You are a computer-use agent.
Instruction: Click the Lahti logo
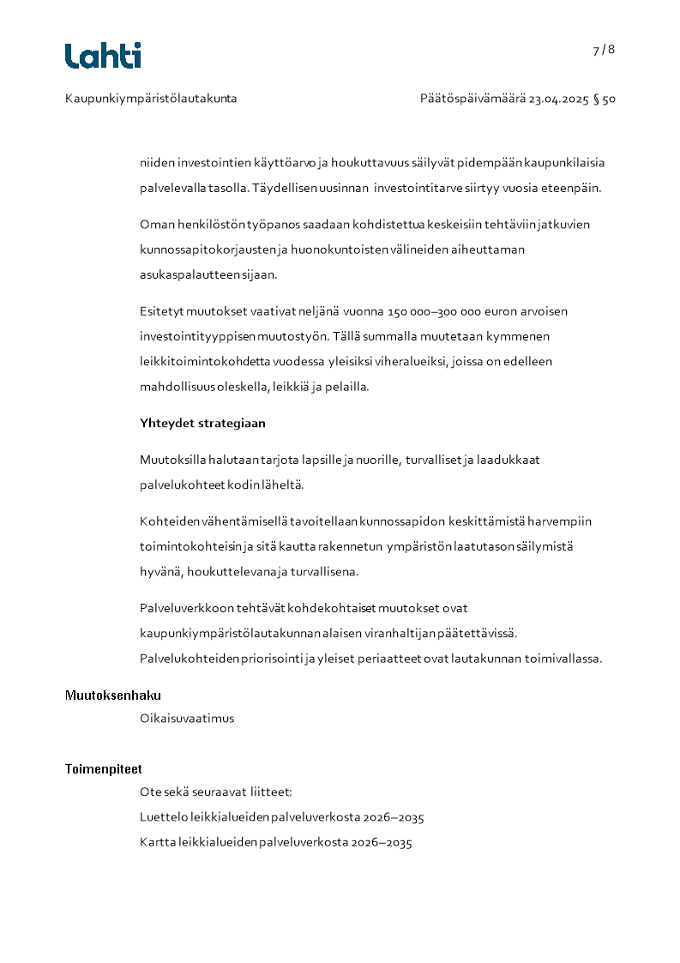coord(103,56)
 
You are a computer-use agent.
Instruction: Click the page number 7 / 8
coord(604,50)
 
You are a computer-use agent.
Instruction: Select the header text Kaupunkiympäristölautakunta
coord(151,99)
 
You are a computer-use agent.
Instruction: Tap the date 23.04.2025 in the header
coord(558,99)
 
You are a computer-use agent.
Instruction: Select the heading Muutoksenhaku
coord(113,695)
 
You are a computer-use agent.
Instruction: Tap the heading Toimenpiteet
coord(104,769)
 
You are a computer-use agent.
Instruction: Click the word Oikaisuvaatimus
coord(187,719)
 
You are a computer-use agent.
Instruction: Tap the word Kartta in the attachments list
coord(158,843)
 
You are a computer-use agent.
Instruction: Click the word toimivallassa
coord(564,659)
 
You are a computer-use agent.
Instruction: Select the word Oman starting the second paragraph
coord(154,224)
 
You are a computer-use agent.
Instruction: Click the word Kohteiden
coord(167,521)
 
